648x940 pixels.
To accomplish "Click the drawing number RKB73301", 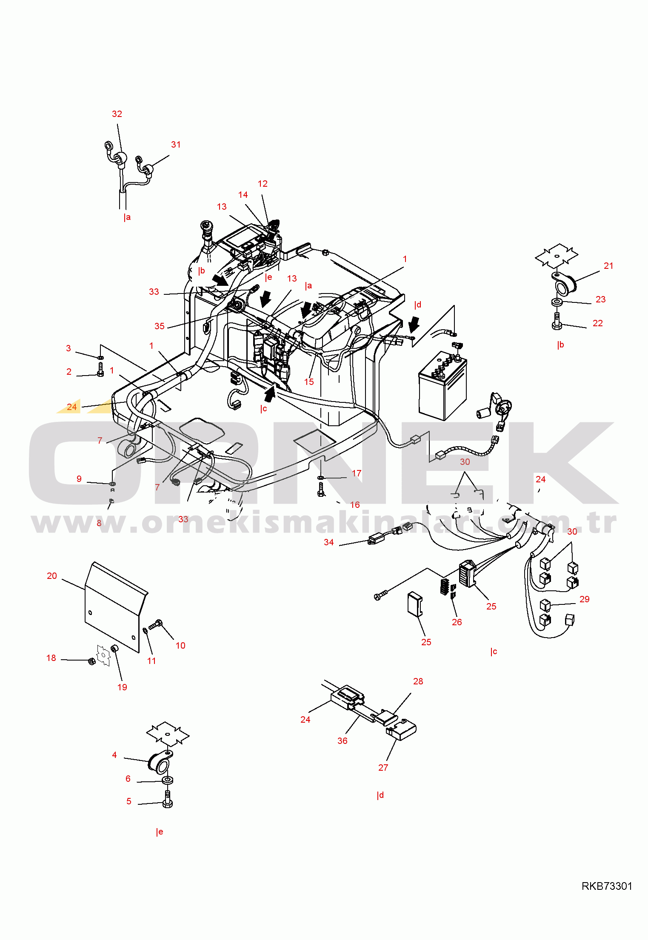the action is (607, 886).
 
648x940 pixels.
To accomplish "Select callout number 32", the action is (117, 114).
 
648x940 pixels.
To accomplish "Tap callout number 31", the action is (176, 145).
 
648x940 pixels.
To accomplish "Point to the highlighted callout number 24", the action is (72, 407).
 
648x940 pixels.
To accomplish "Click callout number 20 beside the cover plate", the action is (51, 576).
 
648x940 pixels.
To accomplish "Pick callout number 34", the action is (329, 542).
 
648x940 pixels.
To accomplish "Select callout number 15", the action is (309, 382).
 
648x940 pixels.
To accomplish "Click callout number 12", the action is (263, 184).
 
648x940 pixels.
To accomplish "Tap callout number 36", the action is (343, 741).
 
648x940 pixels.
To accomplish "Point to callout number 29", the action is (585, 599).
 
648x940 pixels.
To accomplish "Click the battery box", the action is (442, 386).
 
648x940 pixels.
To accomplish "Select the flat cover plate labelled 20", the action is (116, 607).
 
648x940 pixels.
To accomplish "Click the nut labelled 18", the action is (91, 661).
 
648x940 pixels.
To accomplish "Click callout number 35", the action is (160, 326).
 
